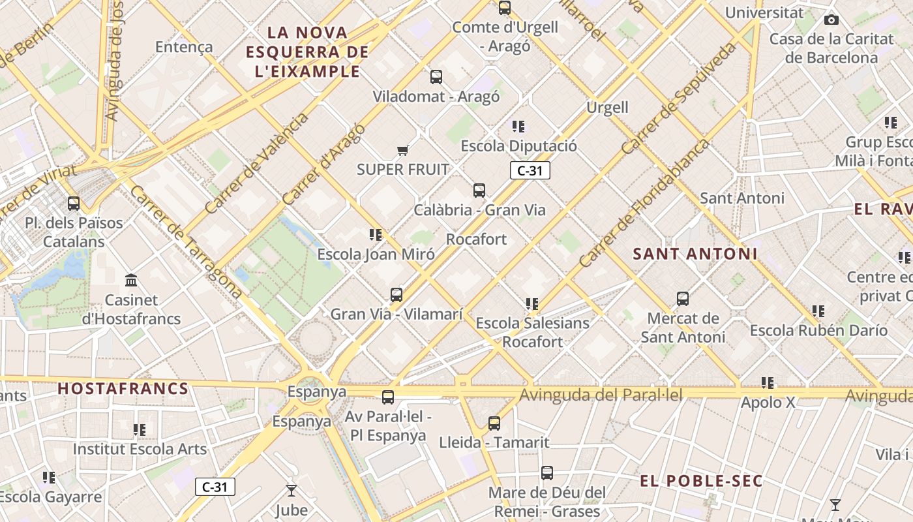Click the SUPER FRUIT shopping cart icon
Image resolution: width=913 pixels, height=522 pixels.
(x=402, y=151)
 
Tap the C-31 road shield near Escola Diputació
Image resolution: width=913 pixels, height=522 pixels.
(x=530, y=171)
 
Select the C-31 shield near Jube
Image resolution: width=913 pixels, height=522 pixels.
(x=215, y=487)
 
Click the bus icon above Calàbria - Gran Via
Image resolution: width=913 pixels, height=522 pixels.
(x=479, y=191)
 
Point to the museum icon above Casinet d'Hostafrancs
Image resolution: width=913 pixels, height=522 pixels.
(x=131, y=281)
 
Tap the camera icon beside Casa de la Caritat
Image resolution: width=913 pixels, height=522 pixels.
(x=831, y=20)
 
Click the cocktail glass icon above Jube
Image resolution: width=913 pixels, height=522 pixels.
(x=291, y=490)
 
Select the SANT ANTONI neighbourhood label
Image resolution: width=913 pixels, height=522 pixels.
(x=695, y=254)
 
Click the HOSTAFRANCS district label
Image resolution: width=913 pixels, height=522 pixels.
(x=123, y=389)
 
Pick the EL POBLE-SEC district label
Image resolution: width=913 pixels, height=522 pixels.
(x=700, y=482)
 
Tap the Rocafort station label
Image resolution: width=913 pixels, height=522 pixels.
(x=476, y=239)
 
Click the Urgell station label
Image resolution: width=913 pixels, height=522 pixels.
(x=607, y=108)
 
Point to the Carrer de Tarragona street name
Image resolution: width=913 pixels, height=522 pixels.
(x=186, y=243)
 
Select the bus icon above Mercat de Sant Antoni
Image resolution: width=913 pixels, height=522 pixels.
(x=683, y=299)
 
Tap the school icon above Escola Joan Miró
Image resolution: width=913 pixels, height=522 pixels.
(x=375, y=235)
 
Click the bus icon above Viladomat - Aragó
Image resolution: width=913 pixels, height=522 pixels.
(x=436, y=77)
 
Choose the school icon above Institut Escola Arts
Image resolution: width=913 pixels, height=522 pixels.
(x=140, y=430)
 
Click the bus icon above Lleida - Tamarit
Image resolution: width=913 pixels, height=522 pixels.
(x=494, y=423)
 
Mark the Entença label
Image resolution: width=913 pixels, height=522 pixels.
(x=184, y=47)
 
